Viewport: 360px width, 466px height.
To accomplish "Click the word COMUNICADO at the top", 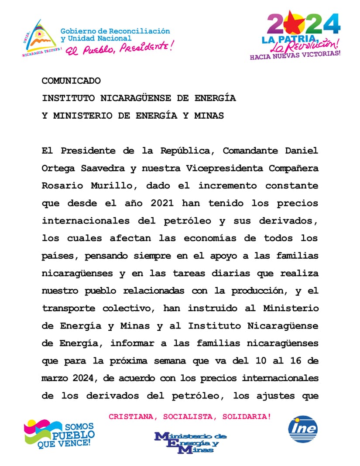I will pyautogui.click(x=71, y=81).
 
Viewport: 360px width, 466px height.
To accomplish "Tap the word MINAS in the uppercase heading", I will pyautogui.click(x=209, y=116).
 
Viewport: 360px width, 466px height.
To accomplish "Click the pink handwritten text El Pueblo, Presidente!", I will pyautogui.click(x=119, y=48).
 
